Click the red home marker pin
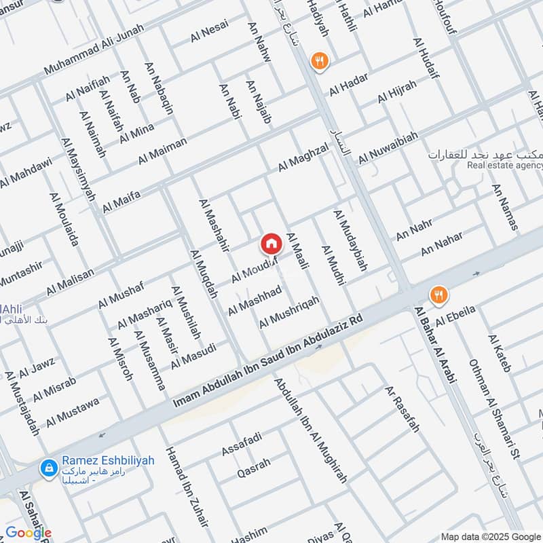271,242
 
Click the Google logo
29,533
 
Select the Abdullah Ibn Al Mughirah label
310,430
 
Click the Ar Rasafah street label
402,409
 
